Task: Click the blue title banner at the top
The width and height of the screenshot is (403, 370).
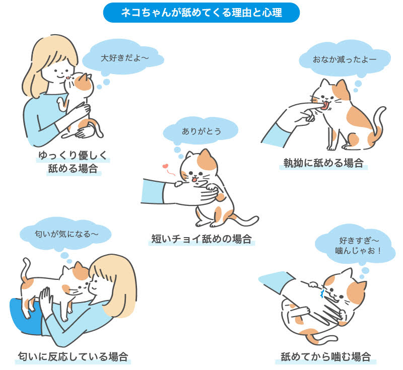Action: [201, 13]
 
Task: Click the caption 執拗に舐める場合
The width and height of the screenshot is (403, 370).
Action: [323, 163]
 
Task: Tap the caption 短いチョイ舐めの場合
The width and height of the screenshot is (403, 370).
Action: [201, 239]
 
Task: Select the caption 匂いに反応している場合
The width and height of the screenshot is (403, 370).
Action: [73, 356]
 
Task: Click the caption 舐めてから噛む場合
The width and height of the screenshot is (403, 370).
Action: [326, 357]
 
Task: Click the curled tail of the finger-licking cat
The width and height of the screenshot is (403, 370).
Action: [379, 121]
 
